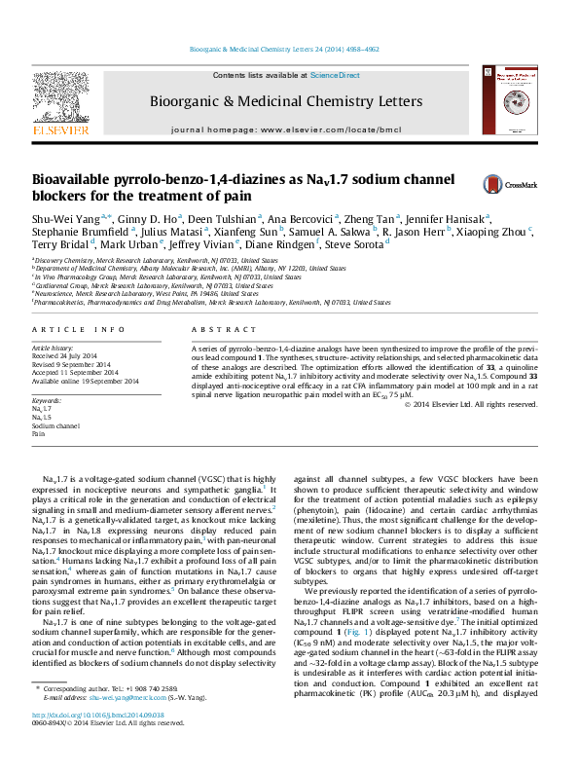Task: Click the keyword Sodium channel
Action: click(x=56, y=425)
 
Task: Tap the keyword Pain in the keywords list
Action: click(x=40, y=433)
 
